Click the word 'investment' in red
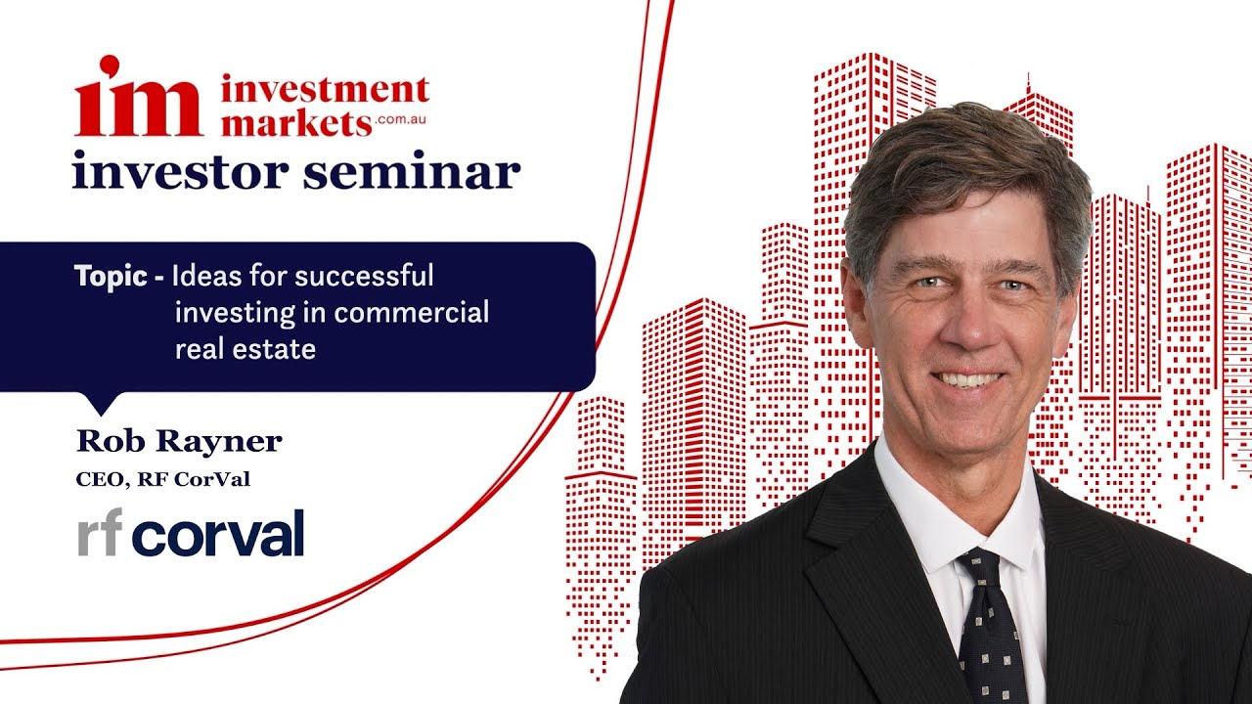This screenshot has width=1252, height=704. pos(325,91)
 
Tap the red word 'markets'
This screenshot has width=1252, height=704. pos(295,122)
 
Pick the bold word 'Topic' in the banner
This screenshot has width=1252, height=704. pos(111,276)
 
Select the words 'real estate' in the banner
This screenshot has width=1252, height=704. pos(245,349)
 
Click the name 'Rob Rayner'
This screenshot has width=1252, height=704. pos(179,441)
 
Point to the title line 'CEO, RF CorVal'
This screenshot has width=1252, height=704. pos(169,480)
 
